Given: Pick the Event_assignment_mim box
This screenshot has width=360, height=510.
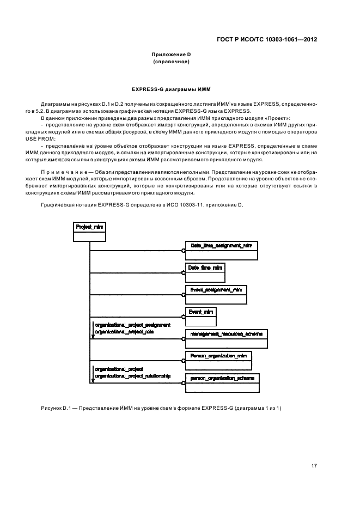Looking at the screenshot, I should [x=216, y=294].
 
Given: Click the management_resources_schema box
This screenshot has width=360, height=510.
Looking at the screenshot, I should [x=226, y=338].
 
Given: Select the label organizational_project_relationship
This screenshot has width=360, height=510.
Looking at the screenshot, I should [x=132, y=375].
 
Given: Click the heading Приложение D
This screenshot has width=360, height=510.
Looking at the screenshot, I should [x=171, y=54].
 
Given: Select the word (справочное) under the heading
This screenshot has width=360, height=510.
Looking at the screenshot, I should [x=171, y=62].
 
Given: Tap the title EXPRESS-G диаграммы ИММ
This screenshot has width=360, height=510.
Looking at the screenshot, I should [x=171, y=88].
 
